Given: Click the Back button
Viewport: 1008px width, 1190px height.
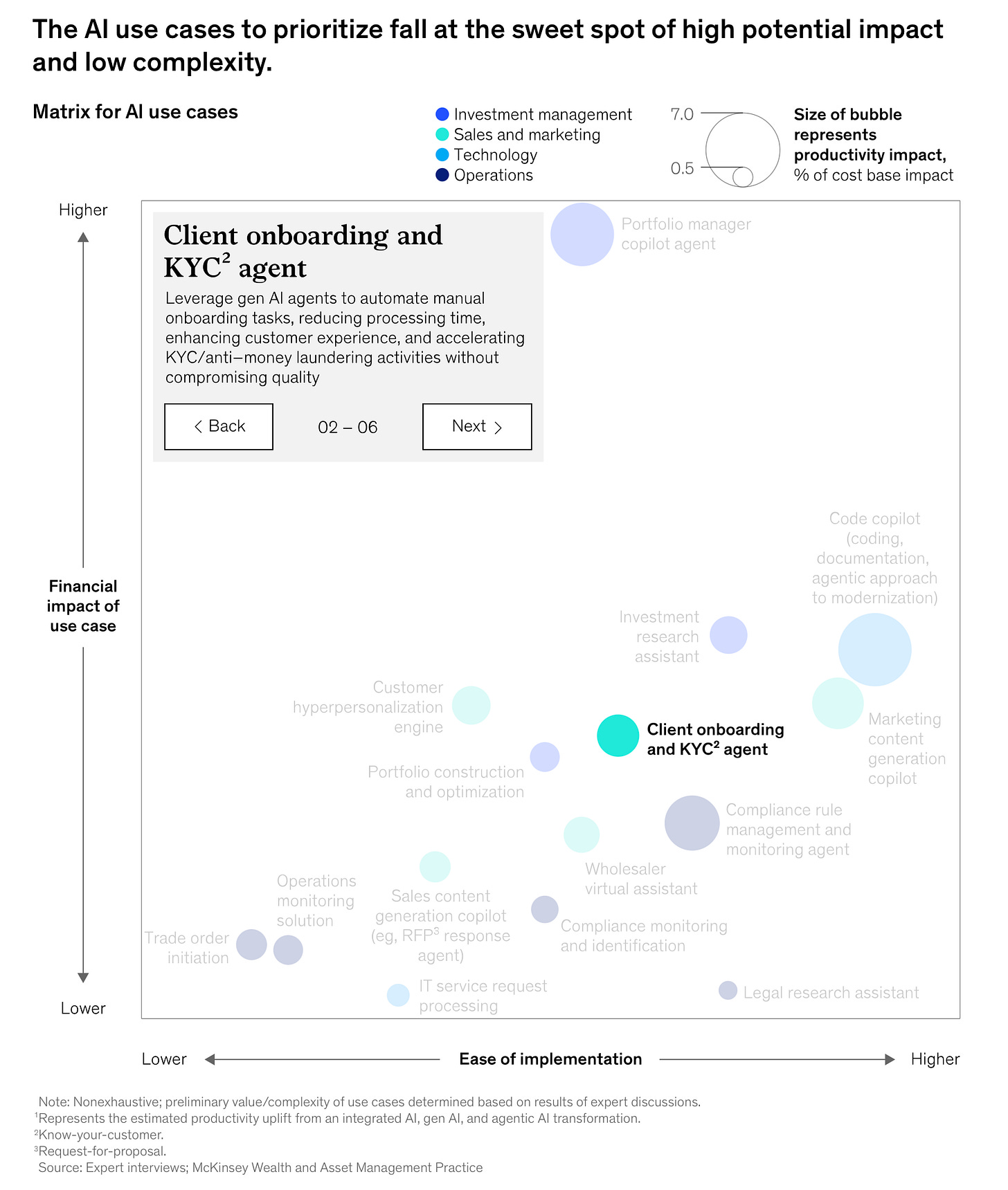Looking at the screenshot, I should [219, 427].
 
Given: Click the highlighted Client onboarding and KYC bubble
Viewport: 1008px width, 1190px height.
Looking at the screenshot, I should [618, 735].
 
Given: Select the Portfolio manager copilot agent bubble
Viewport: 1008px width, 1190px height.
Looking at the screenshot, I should [582, 235].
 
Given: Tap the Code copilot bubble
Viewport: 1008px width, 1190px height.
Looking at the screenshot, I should [874, 650].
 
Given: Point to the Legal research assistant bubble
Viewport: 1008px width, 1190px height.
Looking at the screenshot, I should [728, 991].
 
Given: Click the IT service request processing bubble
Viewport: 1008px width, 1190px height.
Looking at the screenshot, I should [398, 995].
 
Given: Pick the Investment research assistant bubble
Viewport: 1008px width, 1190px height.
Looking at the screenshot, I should [728, 635].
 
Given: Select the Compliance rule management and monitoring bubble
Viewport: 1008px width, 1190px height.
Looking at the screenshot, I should [692, 823].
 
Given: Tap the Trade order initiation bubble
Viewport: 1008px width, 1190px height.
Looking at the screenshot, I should [251, 944].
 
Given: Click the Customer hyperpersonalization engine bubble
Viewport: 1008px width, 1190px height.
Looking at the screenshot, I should [471, 706].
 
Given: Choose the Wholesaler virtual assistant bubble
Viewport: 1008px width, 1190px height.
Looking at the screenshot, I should [582, 834].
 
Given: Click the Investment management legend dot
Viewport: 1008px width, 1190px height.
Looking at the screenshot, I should [442, 114].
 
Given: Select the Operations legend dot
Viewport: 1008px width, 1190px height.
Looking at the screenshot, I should [442, 175].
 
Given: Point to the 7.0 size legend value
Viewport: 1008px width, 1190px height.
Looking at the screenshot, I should [682, 114].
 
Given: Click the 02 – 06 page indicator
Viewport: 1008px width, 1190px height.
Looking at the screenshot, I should [348, 428].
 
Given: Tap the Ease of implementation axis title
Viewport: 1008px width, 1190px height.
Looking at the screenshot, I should [550, 1059].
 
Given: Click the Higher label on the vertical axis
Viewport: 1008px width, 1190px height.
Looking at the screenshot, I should [83, 210].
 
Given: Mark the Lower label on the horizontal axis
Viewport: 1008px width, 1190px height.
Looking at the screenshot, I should [164, 1059].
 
